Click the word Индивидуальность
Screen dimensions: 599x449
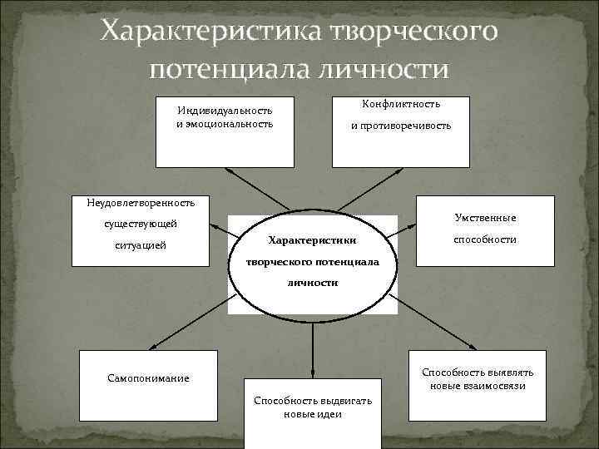click(x=225, y=111)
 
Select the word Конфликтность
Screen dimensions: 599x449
click(x=401, y=105)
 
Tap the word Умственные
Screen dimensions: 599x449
click(x=486, y=218)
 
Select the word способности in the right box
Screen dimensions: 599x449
click(x=485, y=239)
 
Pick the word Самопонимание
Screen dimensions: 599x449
click(x=148, y=378)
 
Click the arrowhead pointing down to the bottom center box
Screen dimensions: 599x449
click(x=313, y=373)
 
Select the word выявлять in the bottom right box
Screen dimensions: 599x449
click(x=517, y=373)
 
